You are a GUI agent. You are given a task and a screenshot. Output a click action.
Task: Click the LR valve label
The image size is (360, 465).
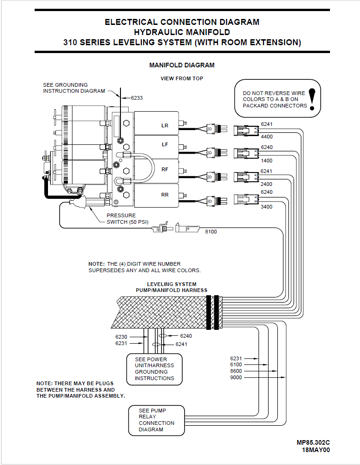(165, 125)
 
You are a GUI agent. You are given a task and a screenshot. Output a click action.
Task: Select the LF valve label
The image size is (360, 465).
(165, 144)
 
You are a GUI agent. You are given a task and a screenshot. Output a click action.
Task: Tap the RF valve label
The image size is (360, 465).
(165, 169)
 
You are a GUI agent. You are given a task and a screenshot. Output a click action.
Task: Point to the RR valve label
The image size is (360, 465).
(165, 195)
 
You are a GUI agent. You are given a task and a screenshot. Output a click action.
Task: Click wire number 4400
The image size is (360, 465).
(267, 137)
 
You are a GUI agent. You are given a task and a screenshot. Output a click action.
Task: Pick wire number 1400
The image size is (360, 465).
(267, 161)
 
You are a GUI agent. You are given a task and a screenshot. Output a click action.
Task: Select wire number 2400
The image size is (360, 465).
(267, 184)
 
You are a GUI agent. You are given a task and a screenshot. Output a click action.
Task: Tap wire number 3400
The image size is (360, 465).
(267, 207)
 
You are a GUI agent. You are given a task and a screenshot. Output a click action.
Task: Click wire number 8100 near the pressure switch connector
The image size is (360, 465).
(211, 232)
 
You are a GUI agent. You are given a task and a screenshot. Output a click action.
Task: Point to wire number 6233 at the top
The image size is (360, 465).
(137, 98)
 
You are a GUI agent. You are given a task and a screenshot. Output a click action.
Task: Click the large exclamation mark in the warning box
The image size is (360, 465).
(313, 99)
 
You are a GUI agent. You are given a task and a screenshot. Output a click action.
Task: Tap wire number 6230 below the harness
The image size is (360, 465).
(121, 337)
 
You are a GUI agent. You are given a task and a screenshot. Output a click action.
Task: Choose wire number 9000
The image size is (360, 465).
(236, 377)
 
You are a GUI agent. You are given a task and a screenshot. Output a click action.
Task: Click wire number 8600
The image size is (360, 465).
(236, 371)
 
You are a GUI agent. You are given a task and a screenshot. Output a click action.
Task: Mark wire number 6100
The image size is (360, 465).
(236, 364)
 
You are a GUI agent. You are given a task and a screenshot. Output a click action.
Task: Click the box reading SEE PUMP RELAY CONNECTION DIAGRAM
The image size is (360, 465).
(156, 420)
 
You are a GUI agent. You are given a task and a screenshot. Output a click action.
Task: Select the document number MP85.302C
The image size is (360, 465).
(313, 442)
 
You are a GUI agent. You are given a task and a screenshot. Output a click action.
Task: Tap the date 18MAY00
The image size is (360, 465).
(316, 450)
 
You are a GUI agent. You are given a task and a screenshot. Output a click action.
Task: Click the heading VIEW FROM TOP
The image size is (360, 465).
(182, 78)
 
